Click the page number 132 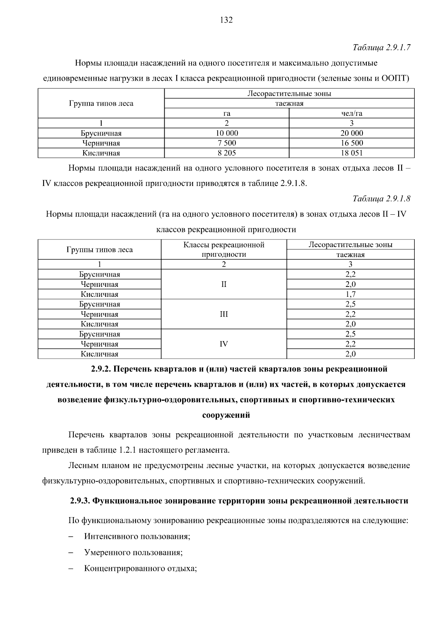226,20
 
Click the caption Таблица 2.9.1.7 381,48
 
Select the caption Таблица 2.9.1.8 381,199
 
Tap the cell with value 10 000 227,133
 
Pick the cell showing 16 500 352,143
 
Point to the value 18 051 352,153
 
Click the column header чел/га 352,113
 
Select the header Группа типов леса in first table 101,103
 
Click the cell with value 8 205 227,153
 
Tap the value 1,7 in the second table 350,294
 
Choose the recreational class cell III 224,314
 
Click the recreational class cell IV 224,344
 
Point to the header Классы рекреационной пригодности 224,249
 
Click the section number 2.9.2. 102,369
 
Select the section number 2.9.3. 80,501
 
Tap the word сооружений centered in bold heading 226,415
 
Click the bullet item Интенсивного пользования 137,536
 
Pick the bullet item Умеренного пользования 133,552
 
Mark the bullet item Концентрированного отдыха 140,569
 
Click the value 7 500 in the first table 227,143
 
